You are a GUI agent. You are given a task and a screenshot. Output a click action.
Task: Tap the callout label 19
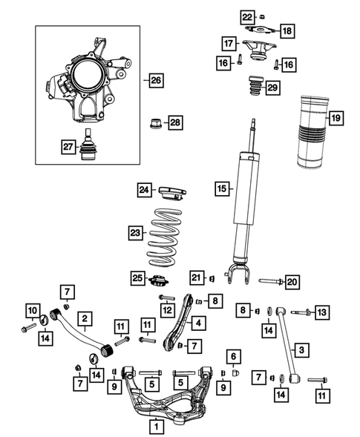coord(336,118)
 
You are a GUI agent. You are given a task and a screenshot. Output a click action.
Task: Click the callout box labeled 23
coord(134,233)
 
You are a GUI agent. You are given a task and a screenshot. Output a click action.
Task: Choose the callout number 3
coord(302,349)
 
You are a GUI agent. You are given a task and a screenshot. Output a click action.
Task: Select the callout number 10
coord(32,309)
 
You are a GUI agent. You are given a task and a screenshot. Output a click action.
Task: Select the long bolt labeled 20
coord(270,281)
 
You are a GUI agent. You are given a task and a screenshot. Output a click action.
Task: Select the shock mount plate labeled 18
coord(263,30)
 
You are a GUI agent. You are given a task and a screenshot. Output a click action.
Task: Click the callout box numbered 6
coord(232,356)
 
